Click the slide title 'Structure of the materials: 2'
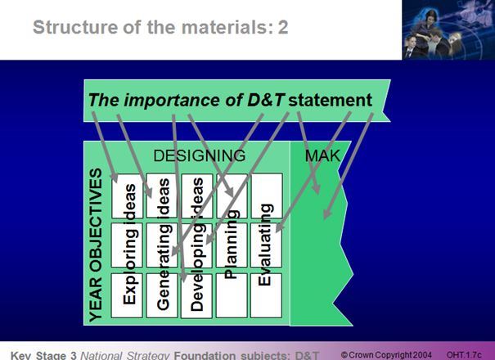[x=160, y=28]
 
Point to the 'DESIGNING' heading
[x=199, y=155]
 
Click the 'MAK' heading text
[x=322, y=155]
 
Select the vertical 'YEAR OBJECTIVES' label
[x=97, y=243]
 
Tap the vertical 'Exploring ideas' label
[x=129, y=243]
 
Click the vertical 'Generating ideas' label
[x=164, y=243]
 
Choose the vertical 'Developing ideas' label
[x=197, y=243]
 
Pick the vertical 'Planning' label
[x=232, y=244]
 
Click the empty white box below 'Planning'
[x=232, y=297]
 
